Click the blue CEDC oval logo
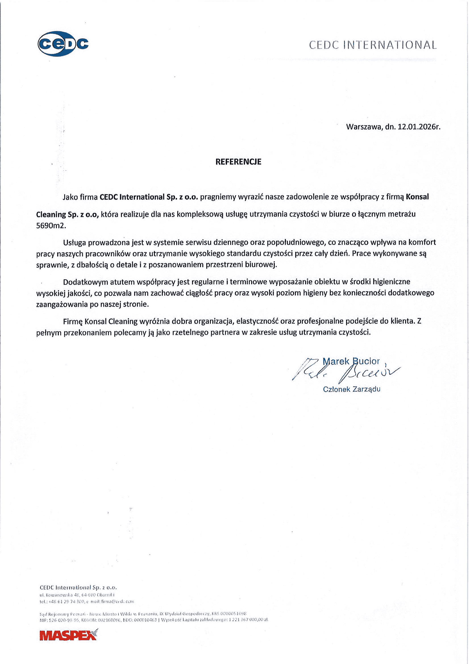click(x=63, y=44)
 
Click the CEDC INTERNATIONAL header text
click(x=373, y=45)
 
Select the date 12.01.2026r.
click(x=419, y=127)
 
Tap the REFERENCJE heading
click(x=238, y=162)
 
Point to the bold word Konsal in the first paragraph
click(x=417, y=197)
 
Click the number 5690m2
click(x=51, y=226)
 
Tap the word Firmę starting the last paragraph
click(x=73, y=321)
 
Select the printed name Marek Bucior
click(x=351, y=361)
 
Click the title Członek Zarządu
click(x=351, y=389)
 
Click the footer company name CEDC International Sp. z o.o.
click(x=78, y=587)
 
